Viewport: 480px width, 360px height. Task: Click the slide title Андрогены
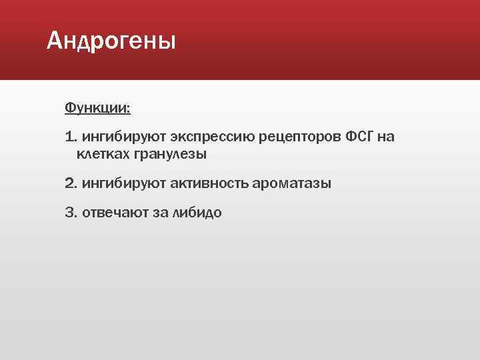[111, 42]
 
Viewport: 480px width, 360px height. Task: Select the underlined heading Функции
[97, 107]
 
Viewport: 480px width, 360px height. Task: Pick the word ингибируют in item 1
[114, 137]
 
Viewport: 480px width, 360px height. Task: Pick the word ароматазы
[291, 183]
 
